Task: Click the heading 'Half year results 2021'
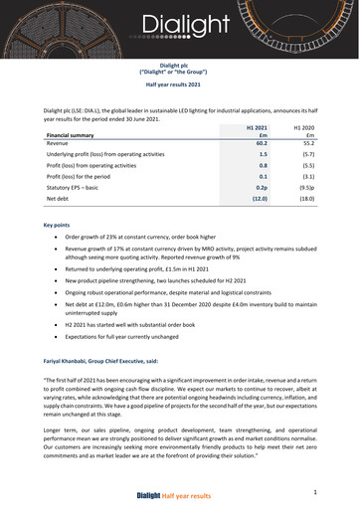(x=179, y=87)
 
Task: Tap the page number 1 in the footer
(x=314, y=491)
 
